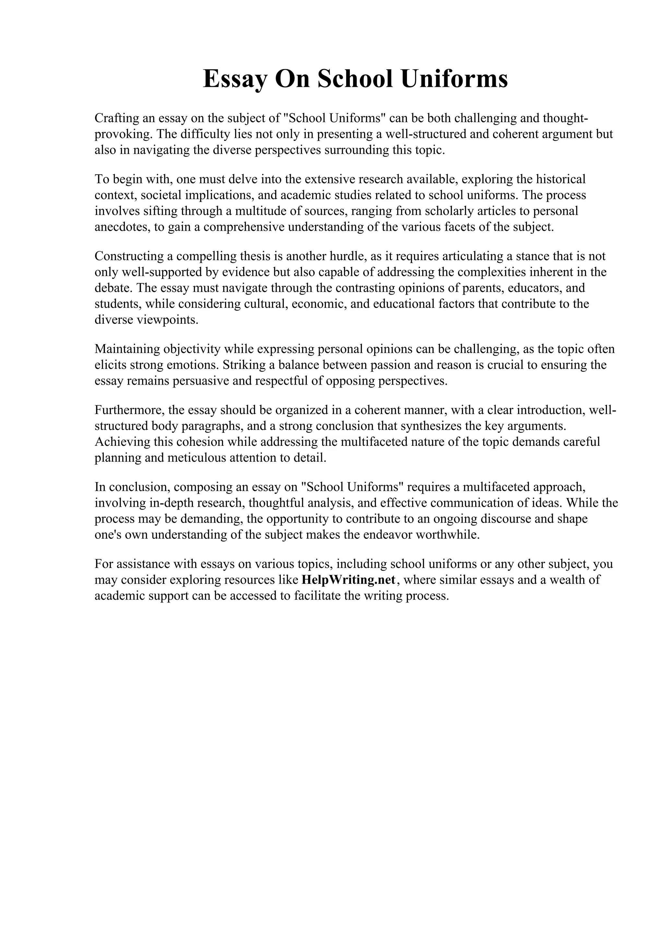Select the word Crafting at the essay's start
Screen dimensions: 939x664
coord(117,118)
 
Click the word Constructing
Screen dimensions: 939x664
coord(128,256)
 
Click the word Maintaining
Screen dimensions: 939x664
coord(127,349)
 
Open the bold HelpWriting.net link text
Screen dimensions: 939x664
coord(349,580)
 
